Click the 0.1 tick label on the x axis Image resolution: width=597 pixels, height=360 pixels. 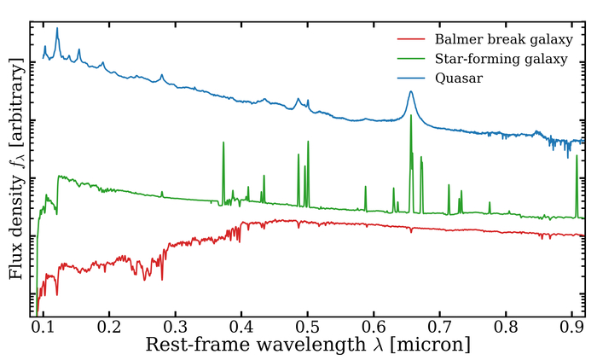[43, 325]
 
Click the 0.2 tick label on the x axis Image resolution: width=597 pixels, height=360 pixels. [108, 325]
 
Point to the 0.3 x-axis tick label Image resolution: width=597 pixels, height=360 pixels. [175, 325]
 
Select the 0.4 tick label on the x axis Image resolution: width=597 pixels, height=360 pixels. [241, 325]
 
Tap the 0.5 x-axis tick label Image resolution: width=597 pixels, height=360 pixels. [307, 325]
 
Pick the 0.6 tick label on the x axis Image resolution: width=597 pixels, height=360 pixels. [374, 325]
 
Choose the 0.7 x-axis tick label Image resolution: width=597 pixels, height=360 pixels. [440, 325]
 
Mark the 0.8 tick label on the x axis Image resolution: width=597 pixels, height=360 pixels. [506, 325]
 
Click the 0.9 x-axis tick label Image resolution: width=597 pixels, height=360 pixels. [572, 325]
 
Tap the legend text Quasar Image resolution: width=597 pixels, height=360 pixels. [459, 78]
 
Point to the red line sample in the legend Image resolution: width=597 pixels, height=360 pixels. [412, 40]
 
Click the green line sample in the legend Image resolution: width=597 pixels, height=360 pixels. [412, 59]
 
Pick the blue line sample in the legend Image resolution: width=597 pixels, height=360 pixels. [412, 78]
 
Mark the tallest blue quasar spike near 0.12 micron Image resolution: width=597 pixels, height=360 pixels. [57, 29]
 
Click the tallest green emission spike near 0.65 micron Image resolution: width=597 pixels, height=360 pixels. [411, 116]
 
